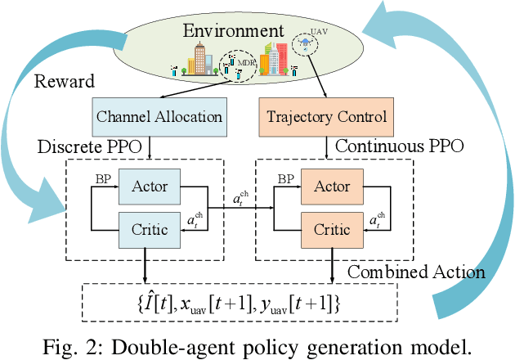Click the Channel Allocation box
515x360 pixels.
pos(159,115)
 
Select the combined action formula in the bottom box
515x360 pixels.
pos(240,303)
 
